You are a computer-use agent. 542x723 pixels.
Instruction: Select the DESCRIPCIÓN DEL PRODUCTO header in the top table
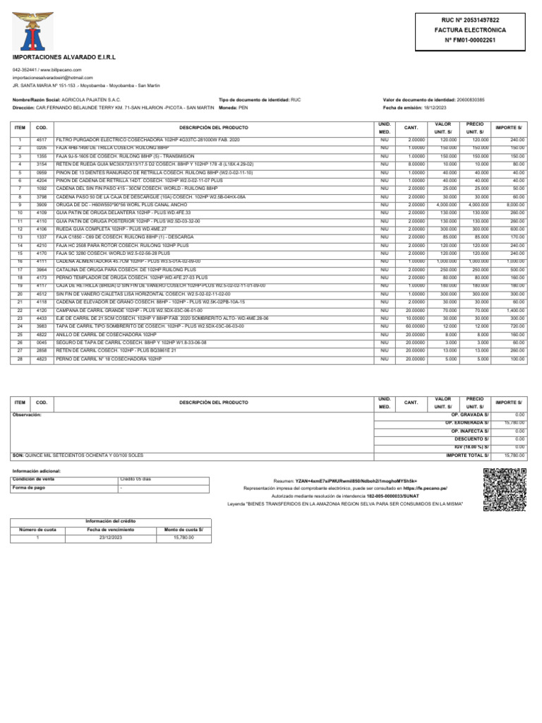click(x=214, y=128)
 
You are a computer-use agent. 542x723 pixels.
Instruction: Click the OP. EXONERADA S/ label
click(x=470, y=422)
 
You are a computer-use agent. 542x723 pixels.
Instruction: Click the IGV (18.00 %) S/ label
click(x=472, y=447)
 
